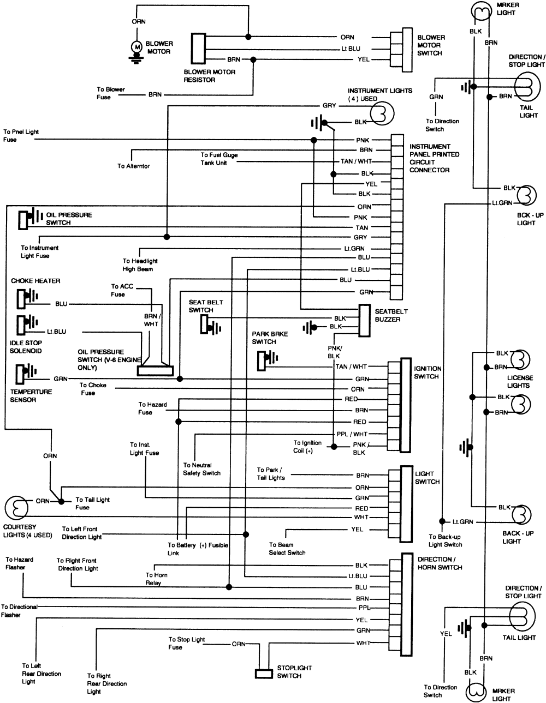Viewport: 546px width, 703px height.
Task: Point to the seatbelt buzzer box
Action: click(x=365, y=320)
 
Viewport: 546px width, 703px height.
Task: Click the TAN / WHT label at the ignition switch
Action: click(x=351, y=367)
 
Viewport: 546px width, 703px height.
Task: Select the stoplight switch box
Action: click(x=264, y=673)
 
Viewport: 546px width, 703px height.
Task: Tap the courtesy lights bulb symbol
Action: click(x=16, y=508)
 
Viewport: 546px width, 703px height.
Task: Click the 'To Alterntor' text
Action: click(x=133, y=166)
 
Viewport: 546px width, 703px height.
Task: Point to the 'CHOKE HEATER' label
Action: click(x=35, y=281)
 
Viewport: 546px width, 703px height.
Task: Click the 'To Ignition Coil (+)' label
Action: click(x=307, y=447)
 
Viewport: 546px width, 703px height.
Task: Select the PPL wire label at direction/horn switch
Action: click(x=364, y=608)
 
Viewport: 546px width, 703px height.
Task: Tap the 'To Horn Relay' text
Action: click(x=157, y=579)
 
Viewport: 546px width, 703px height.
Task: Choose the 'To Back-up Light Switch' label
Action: click(x=445, y=540)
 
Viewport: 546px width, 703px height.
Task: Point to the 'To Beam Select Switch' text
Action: click(x=287, y=549)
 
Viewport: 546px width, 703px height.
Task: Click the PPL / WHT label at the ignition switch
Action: click(x=352, y=434)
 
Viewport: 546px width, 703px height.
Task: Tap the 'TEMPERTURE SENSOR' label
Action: click(x=31, y=395)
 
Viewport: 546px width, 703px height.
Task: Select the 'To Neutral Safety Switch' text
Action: click(x=201, y=469)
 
